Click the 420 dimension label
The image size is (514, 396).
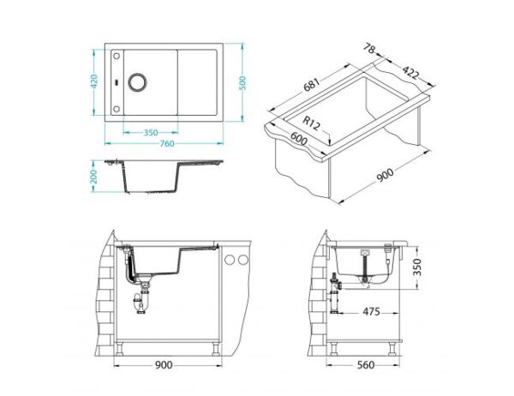click(94, 81)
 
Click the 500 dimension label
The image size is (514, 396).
click(243, 84)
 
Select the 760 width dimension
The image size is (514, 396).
click(167, 144)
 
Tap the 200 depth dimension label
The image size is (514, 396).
click(93, 177)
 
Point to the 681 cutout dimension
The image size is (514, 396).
click(311, 85)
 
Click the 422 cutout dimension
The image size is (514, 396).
click(410, 73)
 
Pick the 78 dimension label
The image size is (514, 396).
click(369, 49)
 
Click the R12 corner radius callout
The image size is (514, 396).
click(310, 123)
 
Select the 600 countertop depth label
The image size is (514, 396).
click(299, 138)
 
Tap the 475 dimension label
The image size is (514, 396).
click(371, 311)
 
